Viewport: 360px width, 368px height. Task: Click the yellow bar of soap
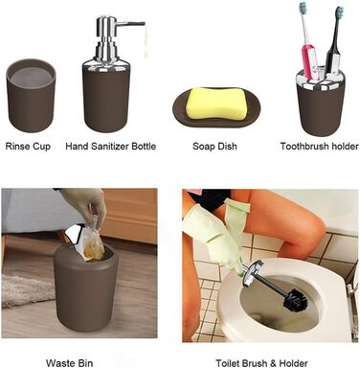[x=216, y=103]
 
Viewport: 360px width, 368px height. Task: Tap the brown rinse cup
[x=31, y=96]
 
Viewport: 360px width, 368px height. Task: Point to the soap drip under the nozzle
[x=146, y=41]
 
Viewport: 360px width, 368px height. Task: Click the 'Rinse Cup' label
[x=28, y=147]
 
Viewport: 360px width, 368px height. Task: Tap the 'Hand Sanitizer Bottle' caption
[x=111, y=147]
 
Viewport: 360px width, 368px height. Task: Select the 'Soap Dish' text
[x=214, y=147]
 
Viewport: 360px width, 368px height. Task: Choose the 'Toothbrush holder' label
[x=320, y=147]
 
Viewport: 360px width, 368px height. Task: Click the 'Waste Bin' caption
[x=69, y=363]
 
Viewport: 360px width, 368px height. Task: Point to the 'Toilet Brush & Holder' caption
[x=261, y=363]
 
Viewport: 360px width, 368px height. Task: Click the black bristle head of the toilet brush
[x=295, y=299]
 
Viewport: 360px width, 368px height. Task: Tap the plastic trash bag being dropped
[x=94, y=238]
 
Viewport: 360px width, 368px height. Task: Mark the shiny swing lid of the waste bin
[x=76, y=237]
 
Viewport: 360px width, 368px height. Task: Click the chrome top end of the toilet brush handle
[x=253, y=272]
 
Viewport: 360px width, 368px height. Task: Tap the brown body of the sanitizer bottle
[x=106, y=99]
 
